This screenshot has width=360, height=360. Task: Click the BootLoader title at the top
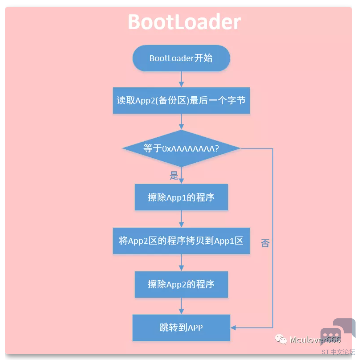click(x=184, y=22)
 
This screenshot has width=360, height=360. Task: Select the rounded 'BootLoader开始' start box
click(x=181, y=58)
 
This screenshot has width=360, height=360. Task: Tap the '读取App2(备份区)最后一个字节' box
click(x=181, y=100)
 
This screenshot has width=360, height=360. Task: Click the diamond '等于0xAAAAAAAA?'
click(x=181, y=148)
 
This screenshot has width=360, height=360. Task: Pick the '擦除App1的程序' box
click(x=181, y=197)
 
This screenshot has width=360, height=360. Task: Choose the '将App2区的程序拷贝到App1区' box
click(x=181, y=241)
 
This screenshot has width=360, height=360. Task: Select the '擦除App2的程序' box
click(x=181, y=284)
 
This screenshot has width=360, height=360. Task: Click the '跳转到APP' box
click(x=181, y=327)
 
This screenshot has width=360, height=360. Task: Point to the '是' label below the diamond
click(x=174, y=176)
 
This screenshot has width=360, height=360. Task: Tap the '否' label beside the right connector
click(x=265, y=243)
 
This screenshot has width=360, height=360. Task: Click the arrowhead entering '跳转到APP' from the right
click(x=233, y=328)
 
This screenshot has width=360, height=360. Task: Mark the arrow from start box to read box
click(x=181, y=79)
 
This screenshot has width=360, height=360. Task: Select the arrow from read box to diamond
click(x=181, y=122)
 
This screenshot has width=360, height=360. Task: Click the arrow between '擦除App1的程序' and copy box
click(x=181, y=219)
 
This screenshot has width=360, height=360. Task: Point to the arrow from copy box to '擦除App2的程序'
click(x=181, y=263)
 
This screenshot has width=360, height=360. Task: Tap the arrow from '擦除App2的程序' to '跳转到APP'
click(x=181, y=306)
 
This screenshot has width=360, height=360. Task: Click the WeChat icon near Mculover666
click(x=281, y=339)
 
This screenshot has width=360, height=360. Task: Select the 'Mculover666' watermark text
click(x=315, y=340)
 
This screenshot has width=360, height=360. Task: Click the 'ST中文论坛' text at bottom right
click(x=338, y=352)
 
